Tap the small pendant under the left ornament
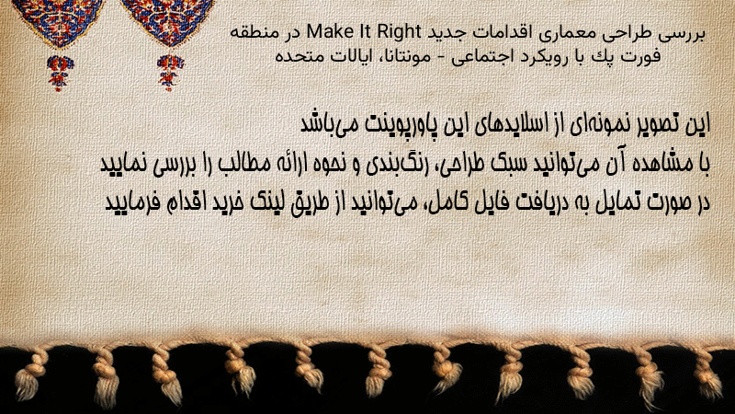click(x=60, y=72)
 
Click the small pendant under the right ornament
click(x=170, y=72)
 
